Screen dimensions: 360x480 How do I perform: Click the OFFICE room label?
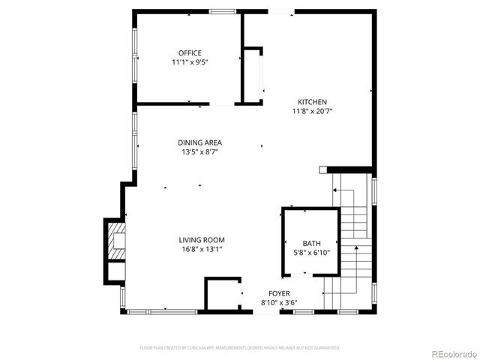click(x=190, y=52)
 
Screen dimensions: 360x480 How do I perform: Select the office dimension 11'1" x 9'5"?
click(x=190, y=62)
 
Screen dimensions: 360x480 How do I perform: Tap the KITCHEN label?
click(x=312, y=102)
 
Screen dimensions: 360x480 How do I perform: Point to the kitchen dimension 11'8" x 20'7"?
click(x=312, y=112)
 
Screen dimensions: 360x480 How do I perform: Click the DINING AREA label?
click(x=199, y=142)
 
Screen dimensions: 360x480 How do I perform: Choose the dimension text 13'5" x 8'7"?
click(x=199, y=152)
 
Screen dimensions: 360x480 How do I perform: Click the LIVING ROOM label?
click(x=202, y=240)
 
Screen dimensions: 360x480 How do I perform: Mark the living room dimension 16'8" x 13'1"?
click(x=202, y=250)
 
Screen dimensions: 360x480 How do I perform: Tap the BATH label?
click(x=310, y=244)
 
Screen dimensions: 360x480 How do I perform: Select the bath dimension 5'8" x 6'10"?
click(x=310, y=253)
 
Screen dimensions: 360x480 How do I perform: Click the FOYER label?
click(x=279, y=293)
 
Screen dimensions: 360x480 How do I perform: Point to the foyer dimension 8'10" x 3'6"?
click(x=279, y=303)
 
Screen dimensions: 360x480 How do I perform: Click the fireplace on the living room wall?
click(x=116, y=241)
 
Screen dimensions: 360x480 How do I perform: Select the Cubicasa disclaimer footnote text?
click(x=240, y=348)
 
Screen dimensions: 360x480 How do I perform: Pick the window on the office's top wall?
click(x=220, y=11)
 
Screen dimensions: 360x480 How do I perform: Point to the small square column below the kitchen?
click(x=322, y=170)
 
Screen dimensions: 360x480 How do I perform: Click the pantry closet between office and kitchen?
click(x=253, y=75)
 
